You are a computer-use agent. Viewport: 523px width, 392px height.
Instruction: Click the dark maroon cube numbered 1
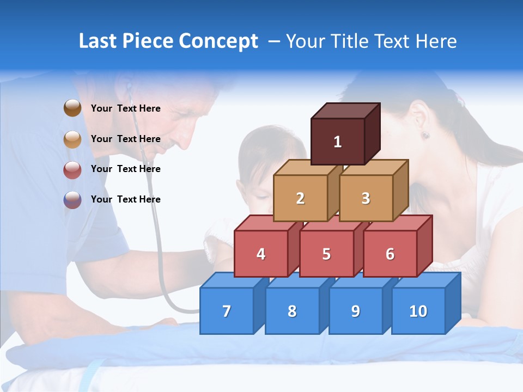(338, 142)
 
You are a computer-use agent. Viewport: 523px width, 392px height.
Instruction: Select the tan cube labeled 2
(300, 198)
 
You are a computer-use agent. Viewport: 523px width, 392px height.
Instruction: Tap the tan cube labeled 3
(366, 198)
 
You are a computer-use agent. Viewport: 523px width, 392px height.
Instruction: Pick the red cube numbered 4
(261, 254)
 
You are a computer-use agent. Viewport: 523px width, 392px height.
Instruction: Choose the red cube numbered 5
(326, 254)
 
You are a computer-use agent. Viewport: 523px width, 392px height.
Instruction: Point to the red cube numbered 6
(390, 254)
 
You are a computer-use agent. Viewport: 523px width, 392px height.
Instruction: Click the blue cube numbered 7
(227, 311)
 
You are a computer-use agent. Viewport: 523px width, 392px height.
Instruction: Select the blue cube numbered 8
(292, 311)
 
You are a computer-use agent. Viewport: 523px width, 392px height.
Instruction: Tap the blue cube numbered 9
(355, 311)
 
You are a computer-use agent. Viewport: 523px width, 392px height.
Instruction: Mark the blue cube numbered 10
(418, 311)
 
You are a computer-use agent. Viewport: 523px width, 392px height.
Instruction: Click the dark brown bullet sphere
(72, 108)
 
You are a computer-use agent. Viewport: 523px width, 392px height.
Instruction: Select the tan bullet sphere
(72, 139)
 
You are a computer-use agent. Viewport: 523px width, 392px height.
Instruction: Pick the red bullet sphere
(72, 169)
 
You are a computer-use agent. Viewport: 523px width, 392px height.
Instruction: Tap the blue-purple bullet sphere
(72, 200)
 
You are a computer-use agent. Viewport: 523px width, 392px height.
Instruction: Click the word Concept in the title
(218, 41)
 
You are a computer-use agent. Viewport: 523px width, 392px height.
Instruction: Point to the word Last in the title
(99, 41)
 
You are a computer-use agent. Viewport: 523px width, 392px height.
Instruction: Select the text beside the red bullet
(125, 169)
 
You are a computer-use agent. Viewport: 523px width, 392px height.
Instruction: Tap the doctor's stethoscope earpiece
(129, 87)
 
